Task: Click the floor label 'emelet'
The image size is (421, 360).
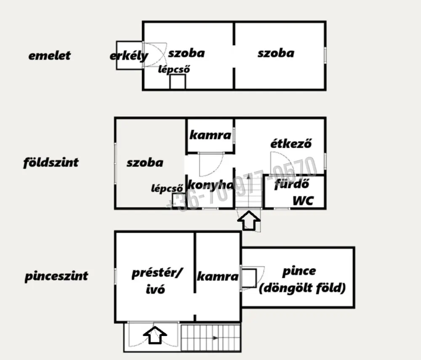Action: point(49,56)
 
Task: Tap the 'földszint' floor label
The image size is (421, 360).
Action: point(51,163)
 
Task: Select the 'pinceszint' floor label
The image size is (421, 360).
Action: point(56,276)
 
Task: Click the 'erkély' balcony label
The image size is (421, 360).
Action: point(129,56)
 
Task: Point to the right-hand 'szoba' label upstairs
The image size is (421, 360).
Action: point(276,53)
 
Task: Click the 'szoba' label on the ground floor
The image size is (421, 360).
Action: point(145,163)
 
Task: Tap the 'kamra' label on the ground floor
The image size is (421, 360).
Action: point(210,135)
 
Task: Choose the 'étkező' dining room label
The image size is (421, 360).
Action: point(291,143)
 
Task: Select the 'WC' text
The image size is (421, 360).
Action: point(303,201)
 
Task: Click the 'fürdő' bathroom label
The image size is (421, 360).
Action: point(292,184)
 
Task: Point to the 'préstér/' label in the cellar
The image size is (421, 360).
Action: point(157,274)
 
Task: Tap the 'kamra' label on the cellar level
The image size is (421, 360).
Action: point(218,276)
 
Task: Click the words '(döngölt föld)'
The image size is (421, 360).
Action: point(302,288)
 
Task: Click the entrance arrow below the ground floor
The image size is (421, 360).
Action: point(249,220)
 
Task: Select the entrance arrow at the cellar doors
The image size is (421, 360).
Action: point(155,335)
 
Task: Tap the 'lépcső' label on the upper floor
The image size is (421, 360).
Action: point(174,69)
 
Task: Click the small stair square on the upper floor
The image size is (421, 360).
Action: point(178,82)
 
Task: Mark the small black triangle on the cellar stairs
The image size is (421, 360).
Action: point(215,338)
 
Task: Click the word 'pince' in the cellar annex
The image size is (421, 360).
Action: point(299,272)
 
